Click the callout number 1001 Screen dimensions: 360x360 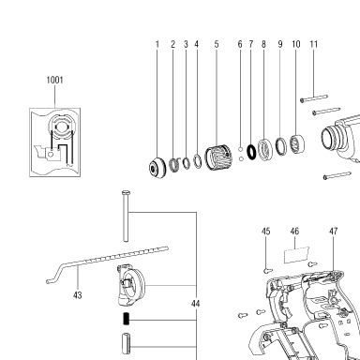click(x=54, y=80)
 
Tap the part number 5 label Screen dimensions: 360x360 click(x=217, y=44)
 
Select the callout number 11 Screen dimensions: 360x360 click(x=314, y=44)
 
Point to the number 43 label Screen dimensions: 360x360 click(x=78, y=295)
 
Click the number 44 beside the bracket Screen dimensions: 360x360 click(x=195, y=304)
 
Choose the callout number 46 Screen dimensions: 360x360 click(x=294, y=232)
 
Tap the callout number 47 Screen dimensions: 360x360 click(x=334, y=232)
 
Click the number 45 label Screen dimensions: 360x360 click(x=265, y=232)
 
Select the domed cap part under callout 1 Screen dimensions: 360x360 click(x=157, y=167)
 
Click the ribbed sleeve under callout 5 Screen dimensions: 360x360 click(x=218, y=157)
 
